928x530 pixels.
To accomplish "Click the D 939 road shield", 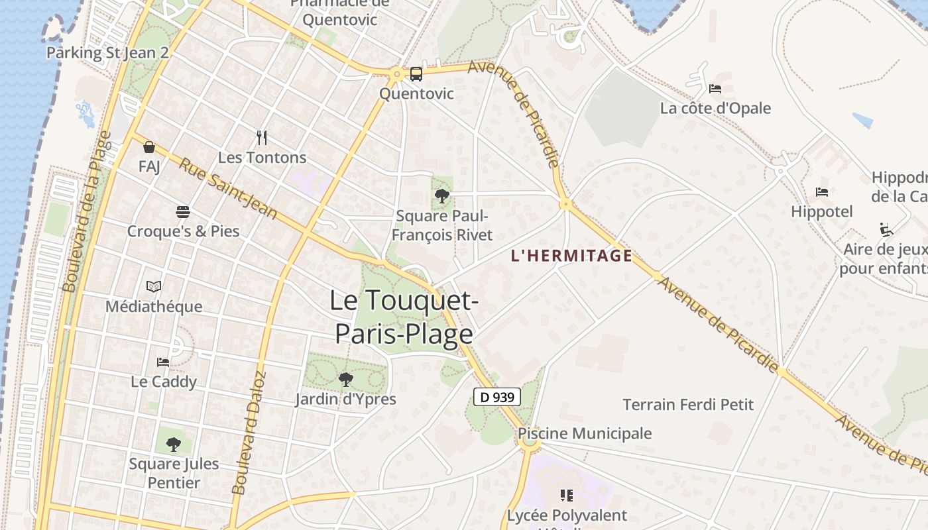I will [497, 397].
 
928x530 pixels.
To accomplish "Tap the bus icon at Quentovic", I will [416, 74].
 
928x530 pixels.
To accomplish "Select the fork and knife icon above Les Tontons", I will [262, 138].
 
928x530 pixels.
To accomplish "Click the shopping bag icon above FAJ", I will [149, 147].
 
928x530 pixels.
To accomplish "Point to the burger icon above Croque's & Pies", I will [183, 212].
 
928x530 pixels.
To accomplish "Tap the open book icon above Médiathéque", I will [154, 286].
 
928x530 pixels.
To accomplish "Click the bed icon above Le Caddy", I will [163, 362].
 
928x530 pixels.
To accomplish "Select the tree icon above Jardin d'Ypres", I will [345, 380].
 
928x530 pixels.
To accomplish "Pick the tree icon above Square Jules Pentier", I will [174, 444].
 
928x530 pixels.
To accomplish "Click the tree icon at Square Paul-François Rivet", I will [441, 196].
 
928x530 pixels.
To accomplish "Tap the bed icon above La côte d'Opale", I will [715, 88].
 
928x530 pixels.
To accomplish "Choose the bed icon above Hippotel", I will [822, 192].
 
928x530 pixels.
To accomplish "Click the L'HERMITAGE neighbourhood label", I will [571, 256].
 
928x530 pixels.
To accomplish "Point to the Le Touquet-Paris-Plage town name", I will [404, 317].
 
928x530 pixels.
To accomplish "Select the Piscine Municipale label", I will [585, 433].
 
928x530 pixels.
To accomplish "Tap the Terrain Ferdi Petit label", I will [688, 404].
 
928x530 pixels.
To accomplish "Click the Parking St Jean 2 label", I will [107, 53].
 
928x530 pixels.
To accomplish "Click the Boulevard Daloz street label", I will [249, 433].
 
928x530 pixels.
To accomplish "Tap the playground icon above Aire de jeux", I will [886, 229].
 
